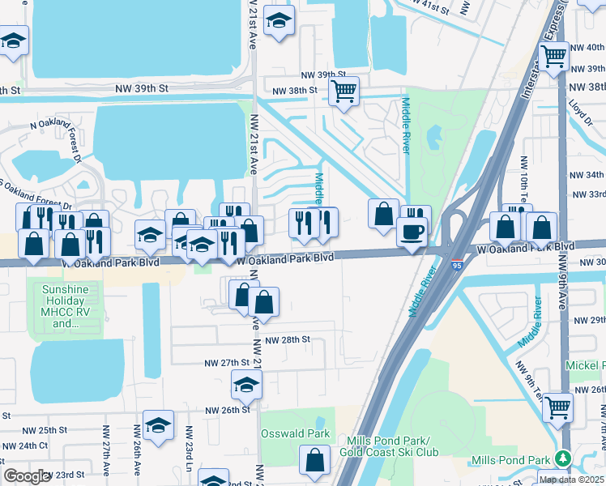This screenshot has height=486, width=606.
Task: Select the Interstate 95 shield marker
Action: point(458,265)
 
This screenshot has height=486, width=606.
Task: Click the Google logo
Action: point(27,475)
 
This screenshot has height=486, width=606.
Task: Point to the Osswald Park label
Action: point(295,433)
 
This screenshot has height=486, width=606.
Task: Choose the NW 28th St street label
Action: point(288,340)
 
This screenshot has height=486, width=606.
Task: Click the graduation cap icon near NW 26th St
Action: point(246,386)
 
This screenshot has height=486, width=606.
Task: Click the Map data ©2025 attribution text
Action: point(571,479)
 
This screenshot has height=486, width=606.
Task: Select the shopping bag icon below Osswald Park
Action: point(314,461)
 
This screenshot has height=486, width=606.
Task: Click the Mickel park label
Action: point(585,367)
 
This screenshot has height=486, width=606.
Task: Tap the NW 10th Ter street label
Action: point(523,181)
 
